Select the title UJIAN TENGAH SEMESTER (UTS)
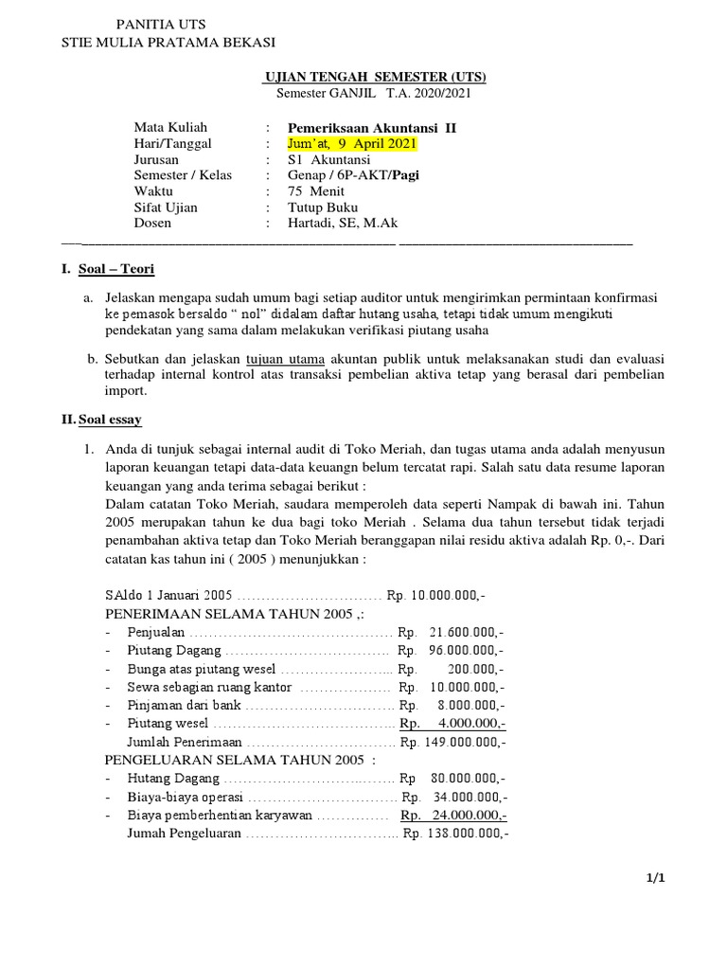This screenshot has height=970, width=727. click(x=374, y=77)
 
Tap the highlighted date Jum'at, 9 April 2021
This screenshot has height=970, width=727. click(x=351, y=143)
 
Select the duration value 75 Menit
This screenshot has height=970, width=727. click(x=316, y=191)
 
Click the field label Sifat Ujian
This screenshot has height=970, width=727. click(x=166, y=207)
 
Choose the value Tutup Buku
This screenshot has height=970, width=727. click(x=323, y=207)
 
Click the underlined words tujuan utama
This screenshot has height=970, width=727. click(x=284, y=359)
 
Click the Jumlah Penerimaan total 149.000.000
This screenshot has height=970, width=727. click(x=464, y=742)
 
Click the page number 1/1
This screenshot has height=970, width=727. click(x=656, y=878)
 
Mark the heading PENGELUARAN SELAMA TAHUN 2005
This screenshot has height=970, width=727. click(x=239, y=760)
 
